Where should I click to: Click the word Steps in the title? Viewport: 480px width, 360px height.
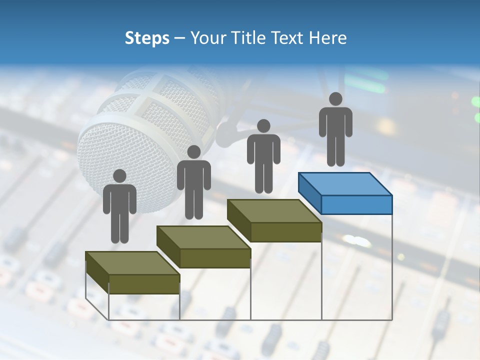point(147,38)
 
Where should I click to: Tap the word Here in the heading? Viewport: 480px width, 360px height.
point(327,38)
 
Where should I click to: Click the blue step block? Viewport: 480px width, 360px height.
point(345,192)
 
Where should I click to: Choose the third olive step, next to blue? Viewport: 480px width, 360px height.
point(274,220)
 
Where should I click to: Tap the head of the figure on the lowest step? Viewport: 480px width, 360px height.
point(119,176)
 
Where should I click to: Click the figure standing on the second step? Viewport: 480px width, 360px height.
point(193,182)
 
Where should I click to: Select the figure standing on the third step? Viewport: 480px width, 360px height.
point(263,156)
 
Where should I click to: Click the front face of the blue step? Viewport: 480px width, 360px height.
point(356,204)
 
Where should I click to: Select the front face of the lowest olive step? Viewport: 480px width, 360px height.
point(144,284)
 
